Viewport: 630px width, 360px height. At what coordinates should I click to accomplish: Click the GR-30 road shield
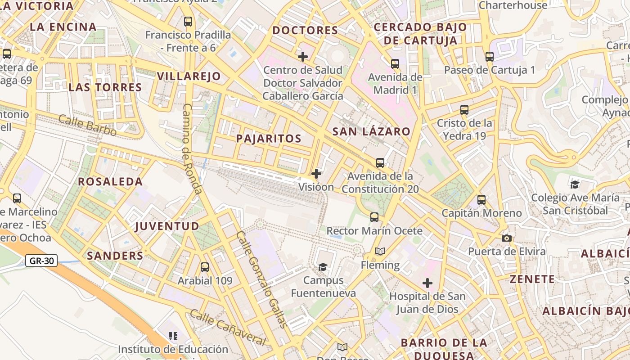(41, 261)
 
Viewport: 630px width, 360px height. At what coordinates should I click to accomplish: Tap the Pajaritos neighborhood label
(269, 139)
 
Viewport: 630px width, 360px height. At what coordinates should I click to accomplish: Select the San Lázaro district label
(371, 131)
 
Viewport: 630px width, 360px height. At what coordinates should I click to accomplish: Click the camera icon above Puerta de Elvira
(507, 238)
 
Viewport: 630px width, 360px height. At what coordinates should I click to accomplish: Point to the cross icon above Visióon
(316, 173)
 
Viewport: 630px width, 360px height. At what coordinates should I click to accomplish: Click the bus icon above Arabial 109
(205, 267)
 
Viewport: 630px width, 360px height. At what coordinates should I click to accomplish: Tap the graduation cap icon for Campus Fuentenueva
(323, 267)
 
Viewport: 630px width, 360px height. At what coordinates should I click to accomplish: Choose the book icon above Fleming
(380, 251)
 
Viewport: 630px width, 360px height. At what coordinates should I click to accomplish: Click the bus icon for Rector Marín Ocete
(374, 217)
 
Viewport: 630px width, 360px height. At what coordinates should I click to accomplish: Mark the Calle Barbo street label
(87, 126)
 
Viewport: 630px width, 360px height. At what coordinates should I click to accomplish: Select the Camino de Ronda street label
(192, 148)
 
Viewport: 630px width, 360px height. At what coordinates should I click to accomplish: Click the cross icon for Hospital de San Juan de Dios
(427, 283)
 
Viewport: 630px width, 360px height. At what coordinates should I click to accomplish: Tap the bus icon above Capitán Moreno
(481, 200)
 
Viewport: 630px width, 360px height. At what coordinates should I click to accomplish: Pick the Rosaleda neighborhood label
(110, 182)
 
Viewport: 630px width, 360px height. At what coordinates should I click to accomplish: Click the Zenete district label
(532, 279)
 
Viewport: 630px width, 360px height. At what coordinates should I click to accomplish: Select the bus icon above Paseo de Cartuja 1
(490, 57)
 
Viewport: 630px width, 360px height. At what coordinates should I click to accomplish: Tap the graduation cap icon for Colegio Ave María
(575, 184)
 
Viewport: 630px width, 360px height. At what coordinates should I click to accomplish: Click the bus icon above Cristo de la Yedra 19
(464, 109)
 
